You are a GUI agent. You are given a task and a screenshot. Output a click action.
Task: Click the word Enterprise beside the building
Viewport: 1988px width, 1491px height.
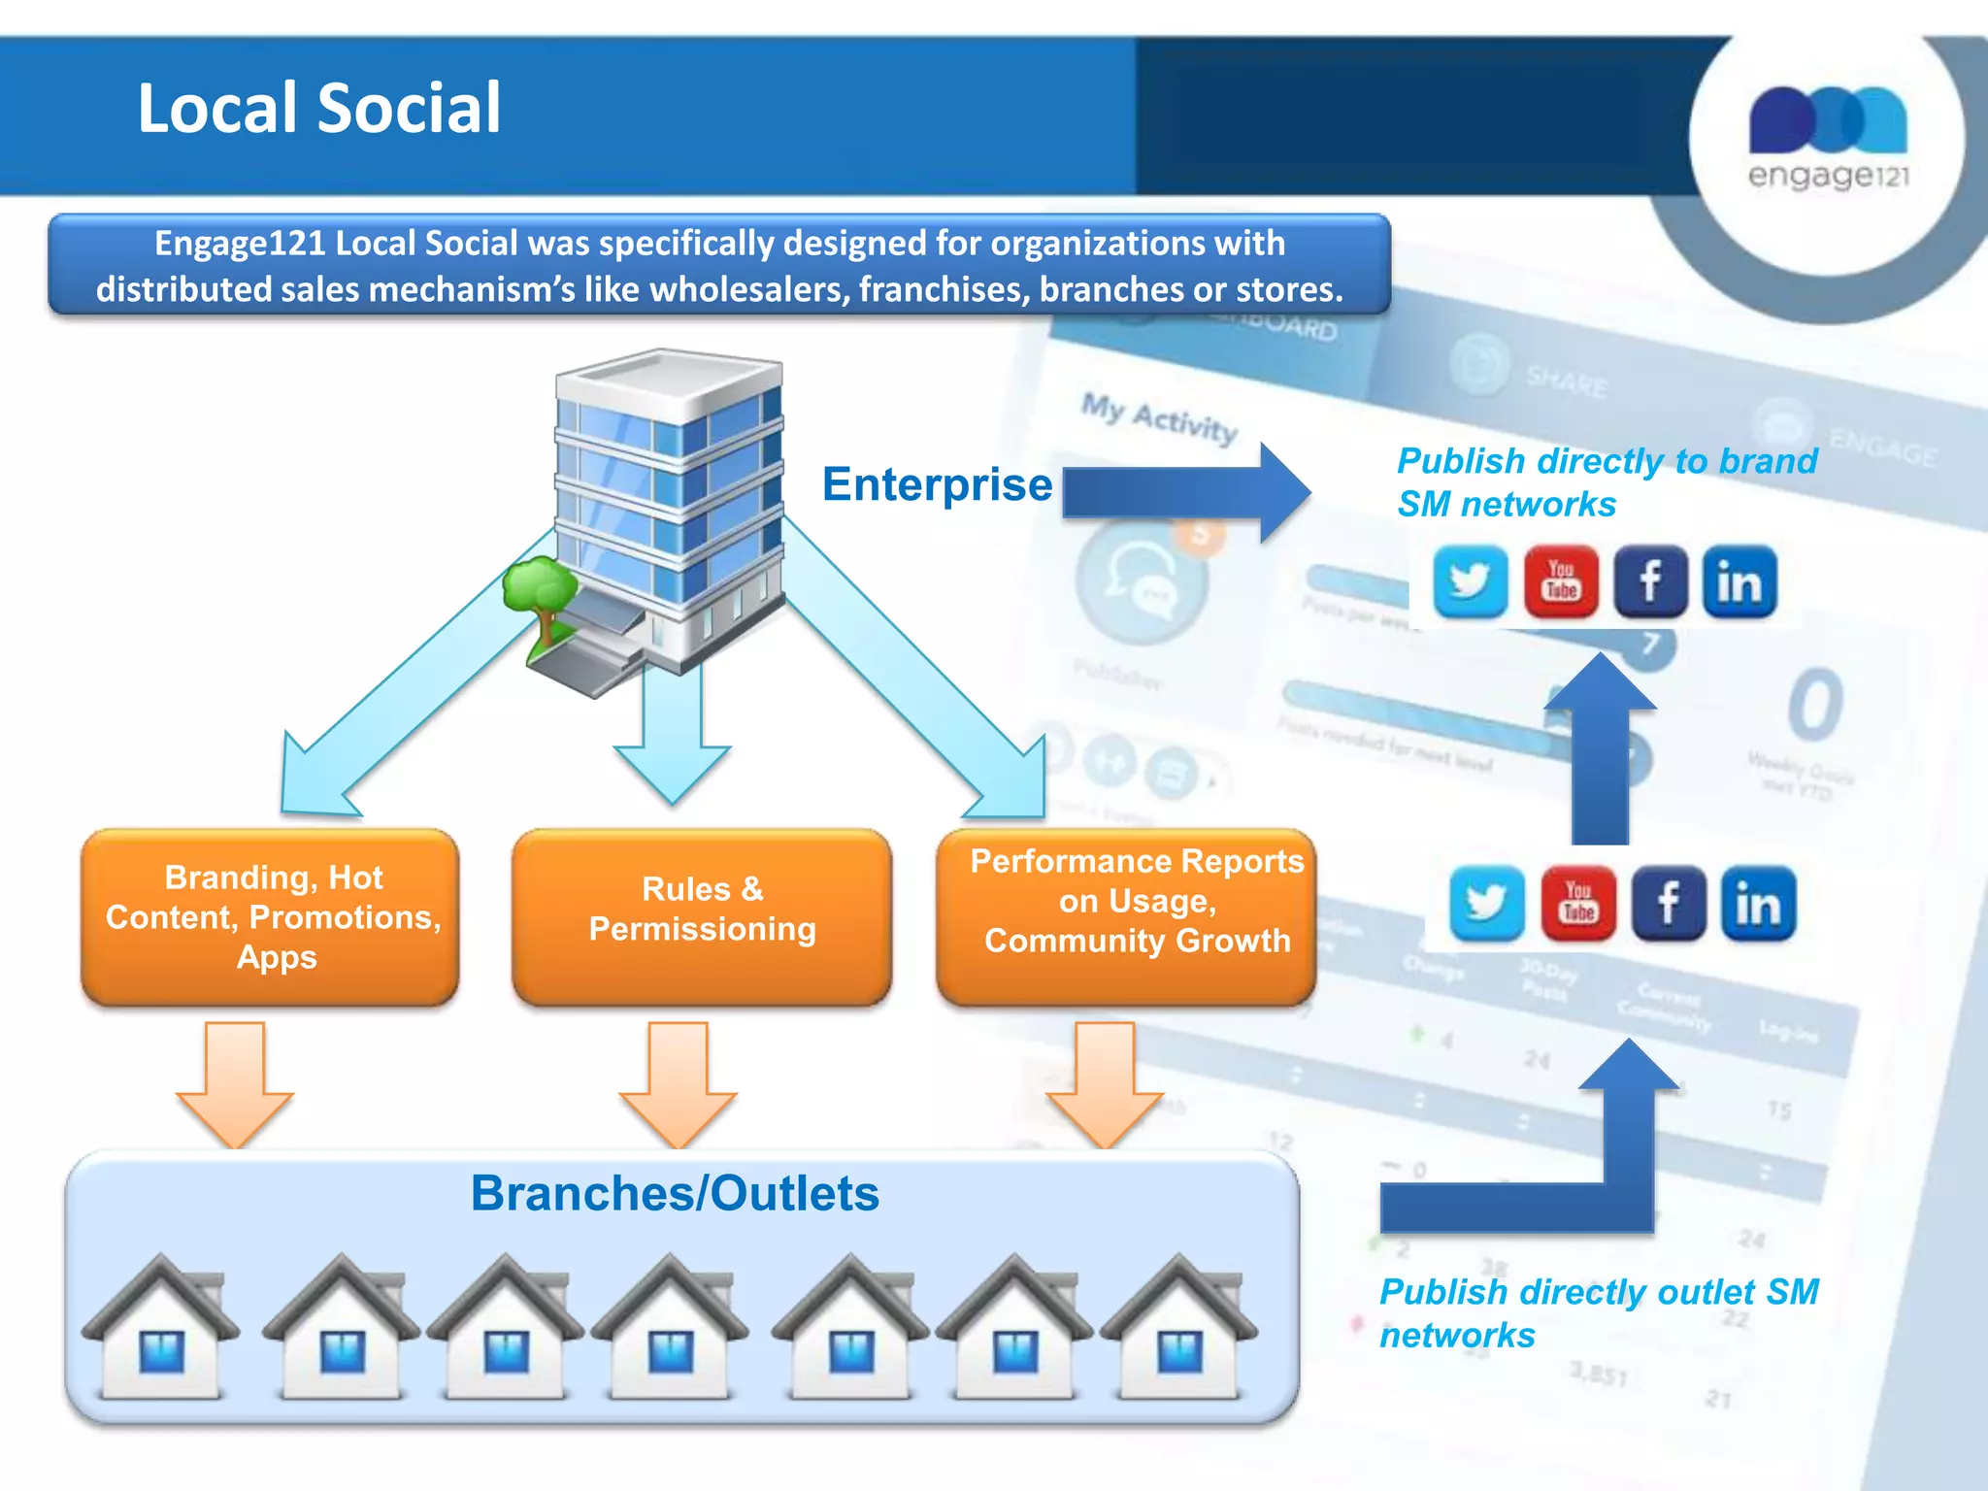[937, 484]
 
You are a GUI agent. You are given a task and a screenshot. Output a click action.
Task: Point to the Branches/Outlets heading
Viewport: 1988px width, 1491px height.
[675, 1193]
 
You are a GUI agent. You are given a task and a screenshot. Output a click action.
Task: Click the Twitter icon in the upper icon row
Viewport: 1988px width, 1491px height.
[1470, 582]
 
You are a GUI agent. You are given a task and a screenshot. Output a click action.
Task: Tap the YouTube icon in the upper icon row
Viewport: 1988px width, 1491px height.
[1561, 582]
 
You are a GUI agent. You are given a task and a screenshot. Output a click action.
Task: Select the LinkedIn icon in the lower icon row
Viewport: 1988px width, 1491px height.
[1758, 904]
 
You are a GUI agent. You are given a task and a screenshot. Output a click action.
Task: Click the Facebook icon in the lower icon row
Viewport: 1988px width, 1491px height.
[1668, 904]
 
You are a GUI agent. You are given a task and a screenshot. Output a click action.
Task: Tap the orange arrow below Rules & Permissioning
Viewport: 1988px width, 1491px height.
[678, 1082]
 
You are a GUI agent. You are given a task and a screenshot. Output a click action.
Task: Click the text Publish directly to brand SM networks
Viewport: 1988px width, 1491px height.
[1606, 482]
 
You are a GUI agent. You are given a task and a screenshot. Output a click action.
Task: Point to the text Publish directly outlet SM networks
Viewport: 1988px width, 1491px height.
[1598, 1312]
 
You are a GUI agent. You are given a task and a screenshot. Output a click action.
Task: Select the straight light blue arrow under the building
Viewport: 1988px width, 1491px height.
[672, 738]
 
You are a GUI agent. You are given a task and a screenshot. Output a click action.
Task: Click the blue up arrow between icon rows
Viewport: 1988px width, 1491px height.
[1601, 747]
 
